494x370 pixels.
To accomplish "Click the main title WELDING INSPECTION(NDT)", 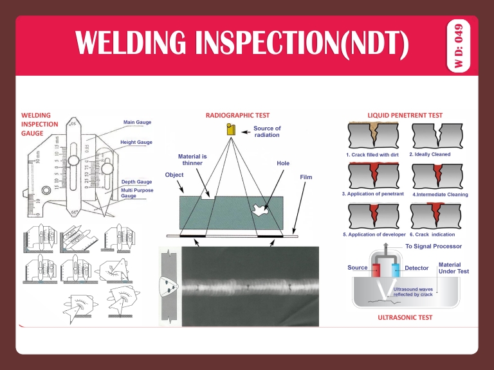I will point(241,44).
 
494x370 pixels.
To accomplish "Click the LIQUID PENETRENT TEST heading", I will point(405,115).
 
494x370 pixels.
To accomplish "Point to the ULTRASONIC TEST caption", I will point(405,317).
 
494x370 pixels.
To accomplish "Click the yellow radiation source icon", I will point(230,130).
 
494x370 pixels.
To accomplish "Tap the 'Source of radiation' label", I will point(267,132).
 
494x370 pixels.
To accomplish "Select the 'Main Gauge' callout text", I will point(138,122).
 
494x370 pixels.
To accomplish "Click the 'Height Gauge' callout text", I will point(136,141).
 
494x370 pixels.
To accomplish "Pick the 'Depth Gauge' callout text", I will point(136,182).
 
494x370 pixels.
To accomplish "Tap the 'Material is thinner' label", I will point(192,159).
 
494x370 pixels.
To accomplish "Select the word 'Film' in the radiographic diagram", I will point(306,177).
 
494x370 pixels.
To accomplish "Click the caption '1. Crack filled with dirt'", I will point(372,155).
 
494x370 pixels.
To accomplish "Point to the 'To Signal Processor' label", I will point(433,246).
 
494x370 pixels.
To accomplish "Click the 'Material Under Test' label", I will point(453,268).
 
